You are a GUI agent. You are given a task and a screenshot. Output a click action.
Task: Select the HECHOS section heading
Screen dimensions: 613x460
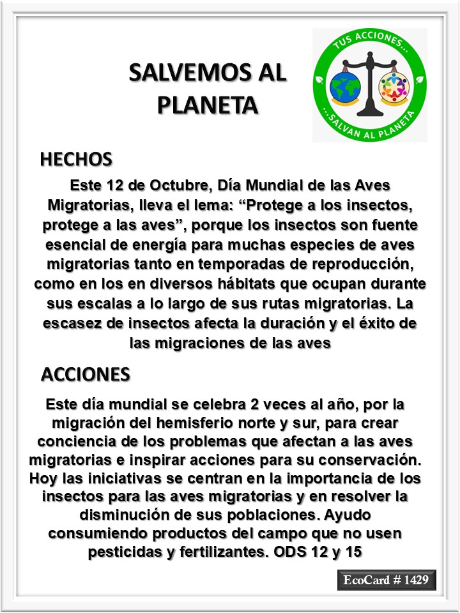coord(76,159)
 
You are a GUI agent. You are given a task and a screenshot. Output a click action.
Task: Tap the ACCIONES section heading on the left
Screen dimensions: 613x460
coord(86,374)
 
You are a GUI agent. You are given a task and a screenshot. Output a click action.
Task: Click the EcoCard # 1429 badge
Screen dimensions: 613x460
coord(386,580)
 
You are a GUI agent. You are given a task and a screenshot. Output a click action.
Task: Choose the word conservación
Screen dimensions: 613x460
coord(370,462)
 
